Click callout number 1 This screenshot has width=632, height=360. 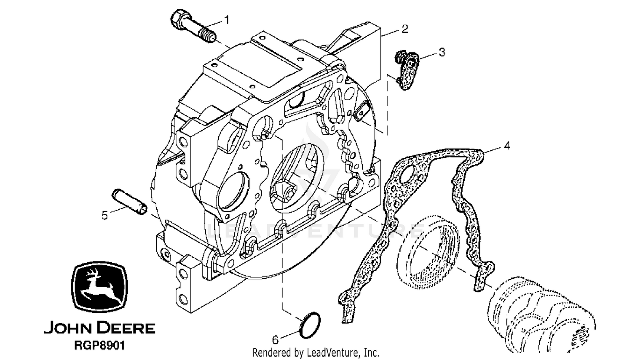click(227, 20)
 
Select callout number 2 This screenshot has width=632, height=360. click(405, 29)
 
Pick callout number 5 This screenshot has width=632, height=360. click(104, 216)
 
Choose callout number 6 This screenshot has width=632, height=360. click(275, 340)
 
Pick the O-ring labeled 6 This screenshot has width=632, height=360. click(310, 325)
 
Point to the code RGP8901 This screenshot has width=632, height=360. click(99, 345)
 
